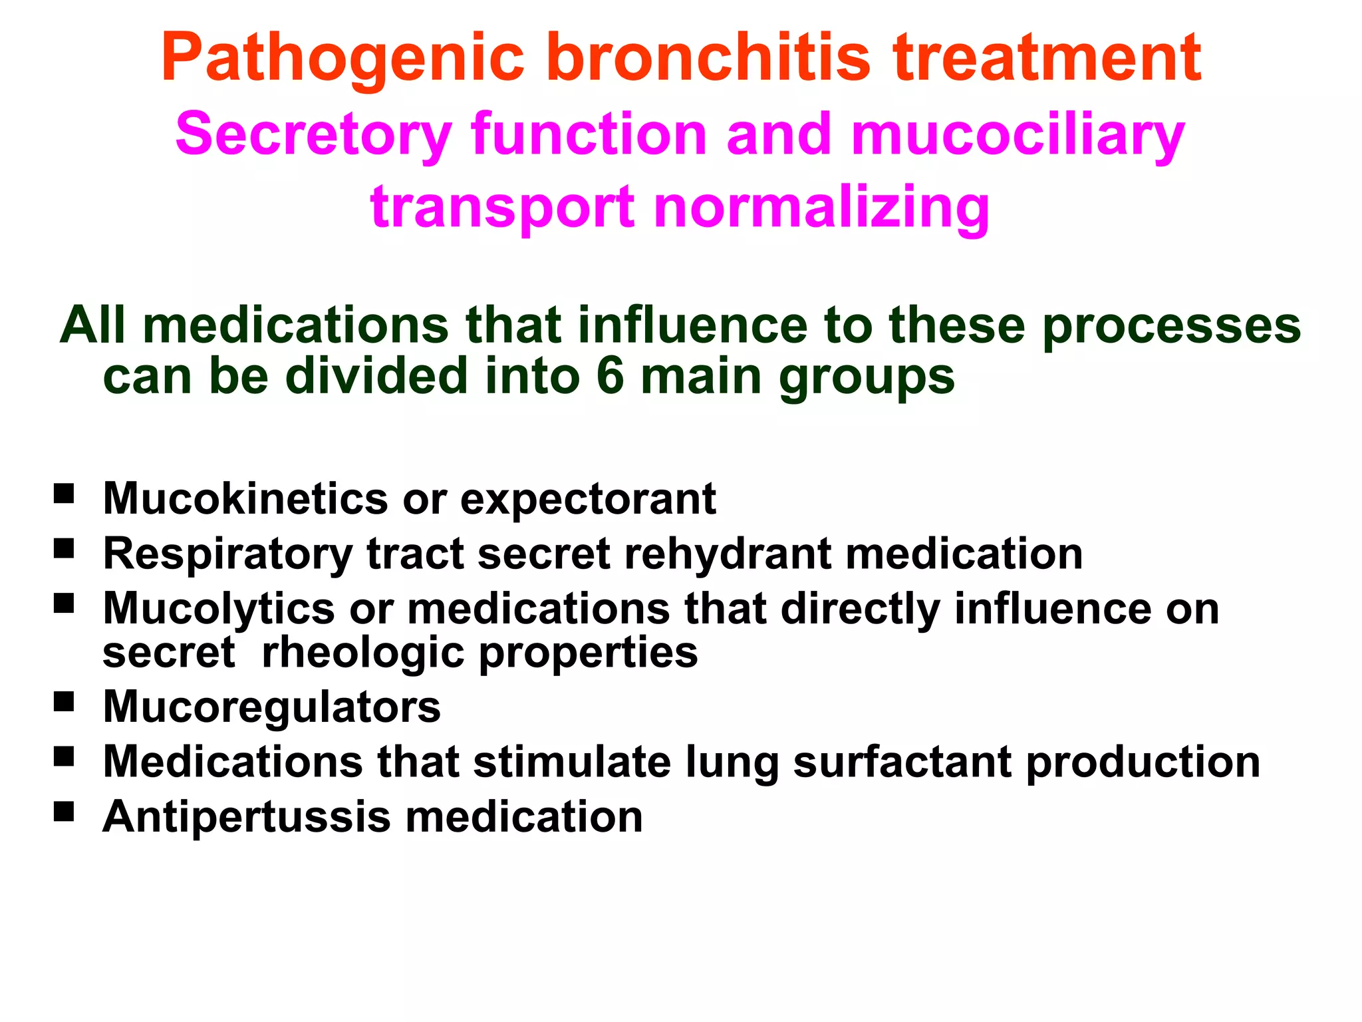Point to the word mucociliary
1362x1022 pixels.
pyautogui.click(x=1018, y=136)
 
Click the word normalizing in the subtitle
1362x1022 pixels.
pyautogui.click(x=822, y=208)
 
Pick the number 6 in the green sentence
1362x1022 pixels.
pyautogui.click(x=610, y=376)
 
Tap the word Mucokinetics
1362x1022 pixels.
pyautogui.click(x=245, y=498)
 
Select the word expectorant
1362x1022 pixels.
pyautogui.click(x=588, y=500)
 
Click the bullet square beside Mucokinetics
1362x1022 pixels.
pyautogui.click(x=64, y=494)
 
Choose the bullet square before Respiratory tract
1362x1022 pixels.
pyautogui.click(x=64, y=549)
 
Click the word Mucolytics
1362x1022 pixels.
pyautogui.click(x=219, y=609)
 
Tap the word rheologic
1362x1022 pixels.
pyautogui.click(x=362, y=653)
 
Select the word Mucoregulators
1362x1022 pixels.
pyautogui.click(x=271, y=707)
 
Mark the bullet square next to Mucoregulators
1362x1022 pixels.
pyautogui.click(x=64, y=702)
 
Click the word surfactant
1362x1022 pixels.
pyautogui.click(x=902, y=762)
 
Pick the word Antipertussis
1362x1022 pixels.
pyautogui.click(x=247, y=817)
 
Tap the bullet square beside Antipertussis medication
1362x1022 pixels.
pyautogui.click(x=64, y=812)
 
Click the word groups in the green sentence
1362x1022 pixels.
pyautogui.click(x=867, y=377)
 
